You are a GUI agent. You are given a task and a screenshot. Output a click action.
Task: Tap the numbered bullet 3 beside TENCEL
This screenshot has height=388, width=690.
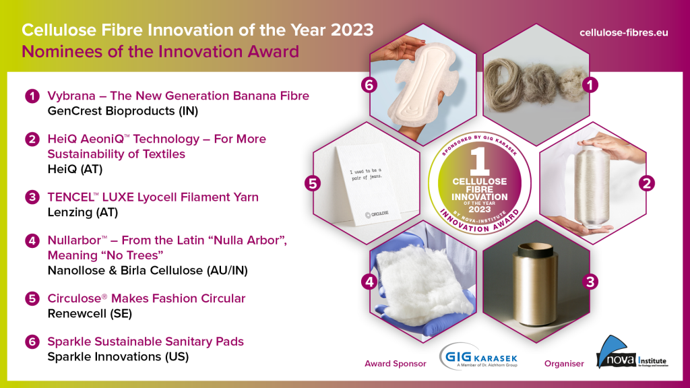(x=32, y=197)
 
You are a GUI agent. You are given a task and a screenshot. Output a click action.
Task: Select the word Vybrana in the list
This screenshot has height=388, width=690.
(x=70, y=96)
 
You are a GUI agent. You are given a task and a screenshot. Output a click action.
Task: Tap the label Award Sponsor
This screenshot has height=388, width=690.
(x=396, y=364)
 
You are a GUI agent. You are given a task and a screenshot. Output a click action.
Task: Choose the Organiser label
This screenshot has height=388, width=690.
(x=564, y=364)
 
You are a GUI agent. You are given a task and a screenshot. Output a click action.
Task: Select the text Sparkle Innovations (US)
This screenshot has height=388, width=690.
(x=118, y=356)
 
